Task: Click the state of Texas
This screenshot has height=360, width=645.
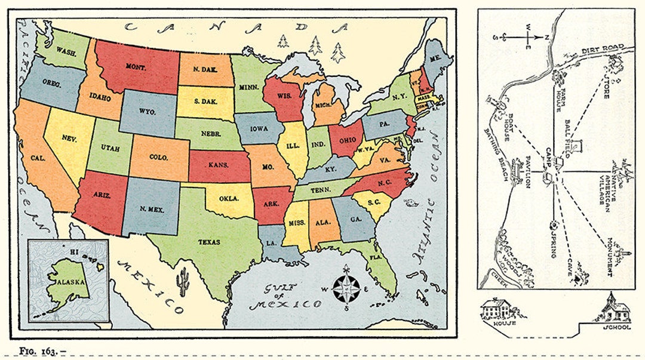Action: click(209, 242)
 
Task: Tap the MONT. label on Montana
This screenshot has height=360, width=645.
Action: click(136, 68)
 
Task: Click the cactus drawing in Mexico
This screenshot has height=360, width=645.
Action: click(183, 279)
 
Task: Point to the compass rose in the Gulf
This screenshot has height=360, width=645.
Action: click(346, 288)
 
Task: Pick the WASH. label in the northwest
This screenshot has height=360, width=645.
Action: click(66, 51)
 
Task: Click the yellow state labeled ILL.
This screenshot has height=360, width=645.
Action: click(293, 144)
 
